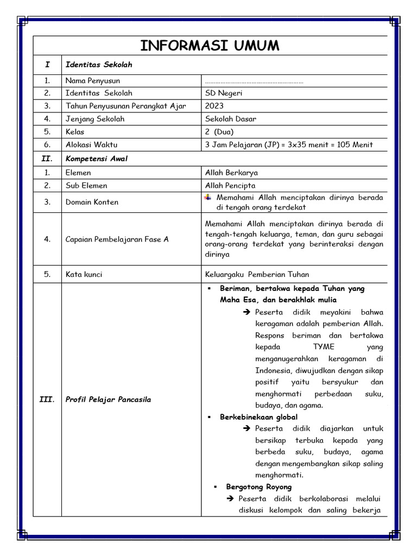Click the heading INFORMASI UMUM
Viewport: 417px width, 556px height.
click(210, 46)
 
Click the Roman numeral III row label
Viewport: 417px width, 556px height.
click(47, 400)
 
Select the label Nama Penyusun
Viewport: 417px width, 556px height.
click(93, 81)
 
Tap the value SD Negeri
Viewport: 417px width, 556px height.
click(224, 93)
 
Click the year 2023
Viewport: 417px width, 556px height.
click(214, 106)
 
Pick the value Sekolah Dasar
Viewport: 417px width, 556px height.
click(231, 119)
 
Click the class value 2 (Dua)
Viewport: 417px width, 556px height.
click(219, 132)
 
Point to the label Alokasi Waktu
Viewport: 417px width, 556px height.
click(91, 145)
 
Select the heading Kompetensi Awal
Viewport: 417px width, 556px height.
click(96, 159)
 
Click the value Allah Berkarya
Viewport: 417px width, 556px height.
click(231, 173)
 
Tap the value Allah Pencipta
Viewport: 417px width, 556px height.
click(230, 186)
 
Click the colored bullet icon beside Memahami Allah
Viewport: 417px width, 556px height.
click(208, 197)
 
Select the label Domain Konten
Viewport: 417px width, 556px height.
click(92, 202)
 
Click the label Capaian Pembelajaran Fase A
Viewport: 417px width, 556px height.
click(117, 239)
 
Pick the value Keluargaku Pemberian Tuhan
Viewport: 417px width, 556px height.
click(257, 275)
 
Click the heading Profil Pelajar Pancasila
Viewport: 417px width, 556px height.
click(108, 400)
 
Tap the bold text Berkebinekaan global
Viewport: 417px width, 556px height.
click(258, 417)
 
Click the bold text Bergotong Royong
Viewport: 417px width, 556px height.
click(258, 487)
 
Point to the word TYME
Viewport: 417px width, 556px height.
click(324, 347)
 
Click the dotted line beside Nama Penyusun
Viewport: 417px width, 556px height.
click(254, 82)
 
